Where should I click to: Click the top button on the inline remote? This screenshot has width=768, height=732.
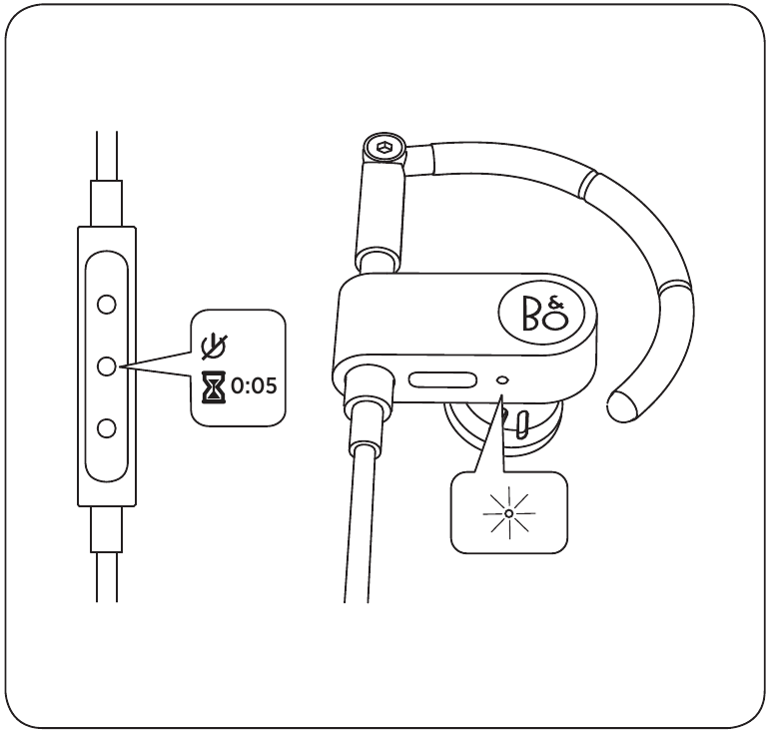click(107, 305)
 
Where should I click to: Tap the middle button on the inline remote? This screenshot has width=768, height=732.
click(107, 366)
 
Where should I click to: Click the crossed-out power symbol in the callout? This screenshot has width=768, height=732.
click(215, 347)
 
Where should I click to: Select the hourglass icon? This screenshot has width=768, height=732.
click(214, 386)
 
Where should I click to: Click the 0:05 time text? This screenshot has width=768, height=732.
click(254, 386)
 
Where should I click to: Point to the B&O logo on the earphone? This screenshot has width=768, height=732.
click(541, 315)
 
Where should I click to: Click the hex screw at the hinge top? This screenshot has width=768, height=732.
click(384, 147)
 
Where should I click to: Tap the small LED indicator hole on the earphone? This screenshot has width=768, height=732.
click(503, 379)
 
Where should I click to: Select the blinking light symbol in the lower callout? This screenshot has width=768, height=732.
click(509, 513)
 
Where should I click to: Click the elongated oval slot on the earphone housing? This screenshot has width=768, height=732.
click(443, 379)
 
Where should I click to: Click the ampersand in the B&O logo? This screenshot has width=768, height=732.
click(557, 303)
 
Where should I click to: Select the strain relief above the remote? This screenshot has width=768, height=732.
click(106, 203)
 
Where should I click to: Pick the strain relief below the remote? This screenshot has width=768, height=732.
click(106, 529)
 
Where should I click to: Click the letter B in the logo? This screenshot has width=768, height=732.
click(532, 314)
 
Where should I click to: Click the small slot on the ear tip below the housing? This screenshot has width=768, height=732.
click(523, 424)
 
